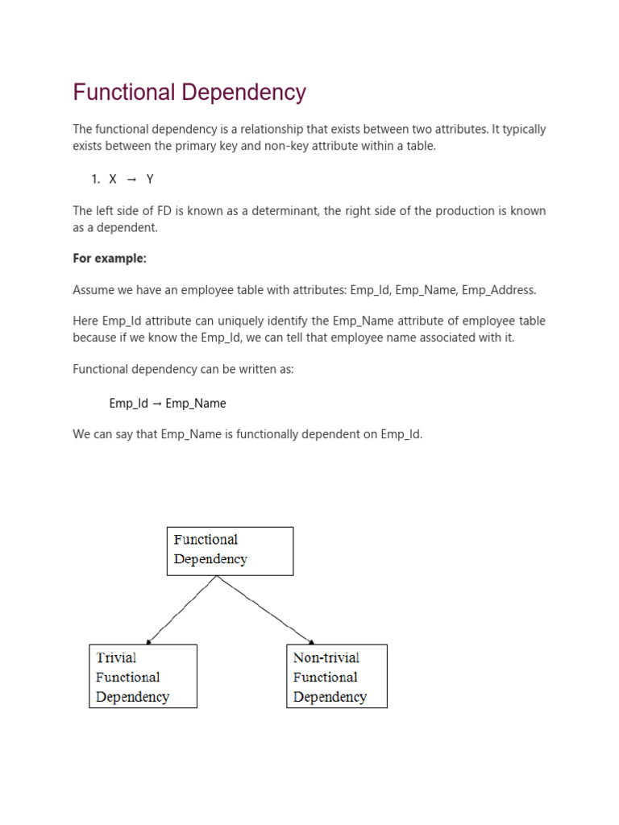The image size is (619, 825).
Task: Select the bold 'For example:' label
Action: pos(110,258)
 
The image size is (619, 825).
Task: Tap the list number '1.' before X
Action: pos(95,179)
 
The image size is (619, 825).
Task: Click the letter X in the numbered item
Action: pos(113,179)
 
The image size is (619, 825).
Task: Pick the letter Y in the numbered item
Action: pos(150,179)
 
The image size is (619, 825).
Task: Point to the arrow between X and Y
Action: pos(131,179)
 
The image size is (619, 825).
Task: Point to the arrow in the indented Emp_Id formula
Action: pos(156,403)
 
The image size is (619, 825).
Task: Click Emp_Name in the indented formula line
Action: pos(196,403)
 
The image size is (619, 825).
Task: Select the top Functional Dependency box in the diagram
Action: pos(230,550)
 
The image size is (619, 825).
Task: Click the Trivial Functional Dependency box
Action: pos(143,676)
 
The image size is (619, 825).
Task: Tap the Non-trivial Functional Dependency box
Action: pos(336,676)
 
